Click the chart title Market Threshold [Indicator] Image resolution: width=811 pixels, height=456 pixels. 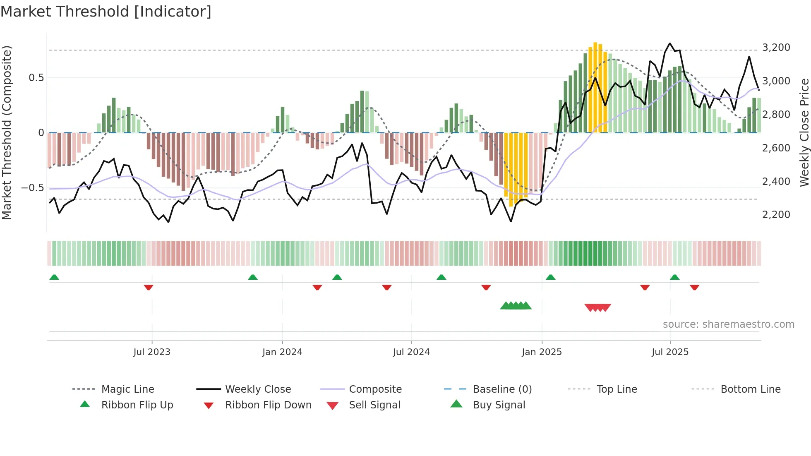[106, 12]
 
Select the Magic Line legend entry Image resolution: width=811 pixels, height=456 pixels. [127, 389]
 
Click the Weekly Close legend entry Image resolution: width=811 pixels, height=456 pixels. [258, 389]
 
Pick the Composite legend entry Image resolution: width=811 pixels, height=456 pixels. [375, 389]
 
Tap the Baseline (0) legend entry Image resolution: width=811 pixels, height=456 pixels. [502, 389]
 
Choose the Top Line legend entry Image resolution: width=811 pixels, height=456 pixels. [617, 389]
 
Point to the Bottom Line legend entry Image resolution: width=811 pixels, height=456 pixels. [750, 389]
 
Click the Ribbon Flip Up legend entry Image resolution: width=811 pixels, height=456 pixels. [137, 405]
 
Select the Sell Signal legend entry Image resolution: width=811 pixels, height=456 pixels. [374, 405]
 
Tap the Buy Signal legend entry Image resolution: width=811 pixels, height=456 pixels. [499, 405]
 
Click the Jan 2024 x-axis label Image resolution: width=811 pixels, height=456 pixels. [282, 352]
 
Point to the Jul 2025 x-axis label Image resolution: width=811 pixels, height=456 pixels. [670, 352]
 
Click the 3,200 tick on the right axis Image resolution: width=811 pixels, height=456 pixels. [776, 48]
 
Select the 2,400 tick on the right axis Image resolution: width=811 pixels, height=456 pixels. [776, 182]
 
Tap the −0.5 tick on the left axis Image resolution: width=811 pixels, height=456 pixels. [32, 188]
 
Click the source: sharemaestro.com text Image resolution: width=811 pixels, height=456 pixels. [728, 324]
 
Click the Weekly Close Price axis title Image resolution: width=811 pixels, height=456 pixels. [804, 132]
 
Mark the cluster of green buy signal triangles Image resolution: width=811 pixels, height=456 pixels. [516, 306]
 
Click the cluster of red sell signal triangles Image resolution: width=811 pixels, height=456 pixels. [597, 307]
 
